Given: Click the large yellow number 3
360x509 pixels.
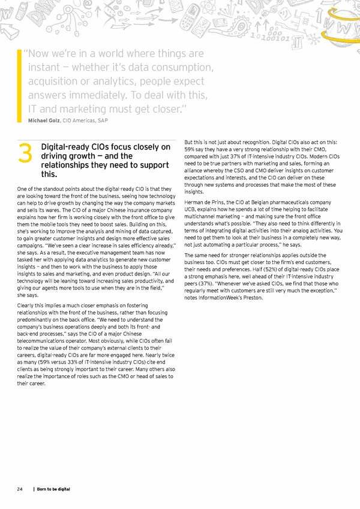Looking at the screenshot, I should click(x=25, y=155).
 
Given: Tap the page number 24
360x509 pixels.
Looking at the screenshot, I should click(x=20, y=489).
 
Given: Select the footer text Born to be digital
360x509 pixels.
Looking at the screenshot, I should click(x=55, y=489).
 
